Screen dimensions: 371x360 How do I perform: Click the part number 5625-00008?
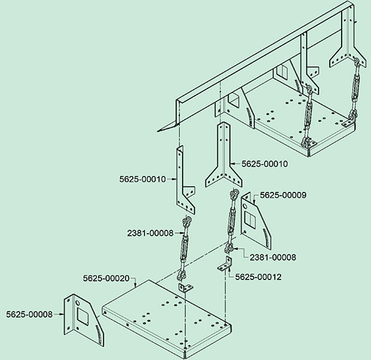coord(29,314)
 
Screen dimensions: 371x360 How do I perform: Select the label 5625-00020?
coord(106,278)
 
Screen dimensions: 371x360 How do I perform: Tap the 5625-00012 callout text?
coord(258,277)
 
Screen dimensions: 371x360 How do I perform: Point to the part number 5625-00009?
coord(283,195)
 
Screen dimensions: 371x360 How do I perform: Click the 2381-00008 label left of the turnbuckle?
coord(150,233)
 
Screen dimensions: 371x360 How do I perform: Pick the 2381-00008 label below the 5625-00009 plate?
coord(273,257)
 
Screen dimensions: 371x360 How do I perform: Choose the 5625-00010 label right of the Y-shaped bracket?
coord(265,164)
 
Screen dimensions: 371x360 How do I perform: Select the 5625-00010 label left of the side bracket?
coord(143,179)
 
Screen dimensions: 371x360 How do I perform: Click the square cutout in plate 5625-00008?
coord(82,316)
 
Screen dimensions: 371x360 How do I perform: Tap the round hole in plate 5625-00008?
coord(78,302)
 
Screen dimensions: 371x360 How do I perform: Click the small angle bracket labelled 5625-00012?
coord(225,264)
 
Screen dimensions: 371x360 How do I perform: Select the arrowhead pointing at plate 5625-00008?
coord(62,314)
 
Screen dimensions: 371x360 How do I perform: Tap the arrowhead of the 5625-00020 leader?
coord(135,285)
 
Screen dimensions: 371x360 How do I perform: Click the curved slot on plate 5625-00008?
coord(100,334)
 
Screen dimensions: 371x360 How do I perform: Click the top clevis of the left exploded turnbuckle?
coord(186,222)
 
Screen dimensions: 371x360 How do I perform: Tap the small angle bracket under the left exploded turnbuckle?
coord(186,288)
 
